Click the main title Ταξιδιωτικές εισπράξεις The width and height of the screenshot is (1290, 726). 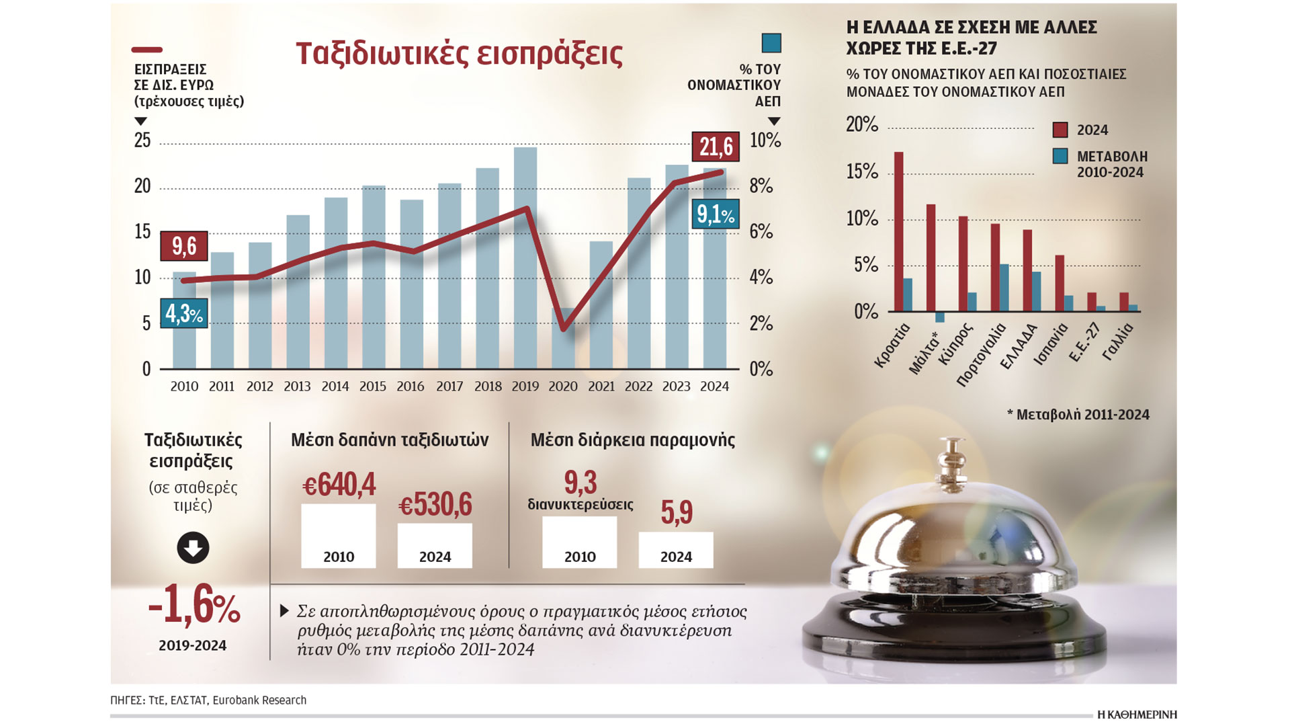459,54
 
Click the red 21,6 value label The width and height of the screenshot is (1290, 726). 716,147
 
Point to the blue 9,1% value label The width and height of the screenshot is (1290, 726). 716,214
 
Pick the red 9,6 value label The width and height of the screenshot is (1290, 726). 184,246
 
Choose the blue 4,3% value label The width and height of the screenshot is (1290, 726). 184,313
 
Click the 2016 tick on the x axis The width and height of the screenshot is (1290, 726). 411,387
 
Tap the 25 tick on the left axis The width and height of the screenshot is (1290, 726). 142,140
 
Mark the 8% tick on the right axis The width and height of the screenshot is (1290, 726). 761,186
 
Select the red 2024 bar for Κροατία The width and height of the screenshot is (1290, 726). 898,232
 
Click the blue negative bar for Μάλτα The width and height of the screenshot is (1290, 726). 940,317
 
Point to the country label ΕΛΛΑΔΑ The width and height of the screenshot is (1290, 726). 1019,347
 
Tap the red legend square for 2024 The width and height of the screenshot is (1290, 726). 1060,130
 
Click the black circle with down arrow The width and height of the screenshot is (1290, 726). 193,548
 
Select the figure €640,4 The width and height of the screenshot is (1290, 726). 339,485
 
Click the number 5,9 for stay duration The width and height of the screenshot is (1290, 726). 676,513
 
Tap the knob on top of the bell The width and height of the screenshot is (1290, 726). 952,448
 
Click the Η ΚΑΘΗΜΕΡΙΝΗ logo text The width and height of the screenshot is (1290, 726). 1137,715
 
